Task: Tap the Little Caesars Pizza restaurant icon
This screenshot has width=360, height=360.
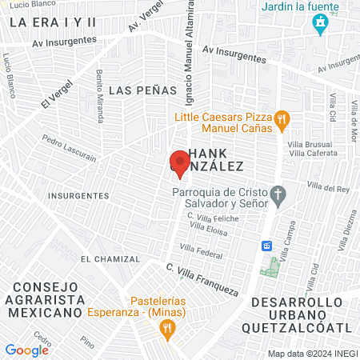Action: [x=282, y=121]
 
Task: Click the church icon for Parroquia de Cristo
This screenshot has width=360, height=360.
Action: [x=278, y=194]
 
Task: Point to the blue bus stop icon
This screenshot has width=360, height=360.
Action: [x=267, y=246]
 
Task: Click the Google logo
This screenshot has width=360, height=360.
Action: [x=26, y=350]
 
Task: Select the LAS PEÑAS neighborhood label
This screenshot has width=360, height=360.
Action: [x=142, y=90]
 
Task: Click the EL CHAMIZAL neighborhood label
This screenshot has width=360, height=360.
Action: [x=110, y=259]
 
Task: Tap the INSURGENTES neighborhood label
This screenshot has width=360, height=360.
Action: [x=78, y=195]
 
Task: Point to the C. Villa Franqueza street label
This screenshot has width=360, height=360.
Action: [x=203, y=278]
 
